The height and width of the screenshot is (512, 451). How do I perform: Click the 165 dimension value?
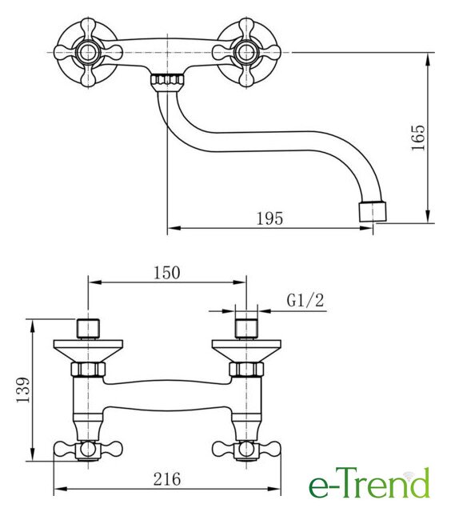(x=418, y=138)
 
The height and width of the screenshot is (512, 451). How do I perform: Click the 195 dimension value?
(x=269, y=218)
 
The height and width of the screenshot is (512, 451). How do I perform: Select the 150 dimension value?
(x=167, y=273)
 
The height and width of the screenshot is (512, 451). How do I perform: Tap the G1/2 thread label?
(x=305, y=301)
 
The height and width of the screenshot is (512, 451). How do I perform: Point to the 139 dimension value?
(x=23, y=390)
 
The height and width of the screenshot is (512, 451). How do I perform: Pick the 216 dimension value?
(x=167, y=479)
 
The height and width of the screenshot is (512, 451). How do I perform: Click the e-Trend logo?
(x=369, y=483)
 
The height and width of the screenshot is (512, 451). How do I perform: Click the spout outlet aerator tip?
(x=373, y=211)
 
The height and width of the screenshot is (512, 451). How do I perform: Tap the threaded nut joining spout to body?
(x=167, y=80)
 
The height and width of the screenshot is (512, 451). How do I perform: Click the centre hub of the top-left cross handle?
(x=88, y=53)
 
